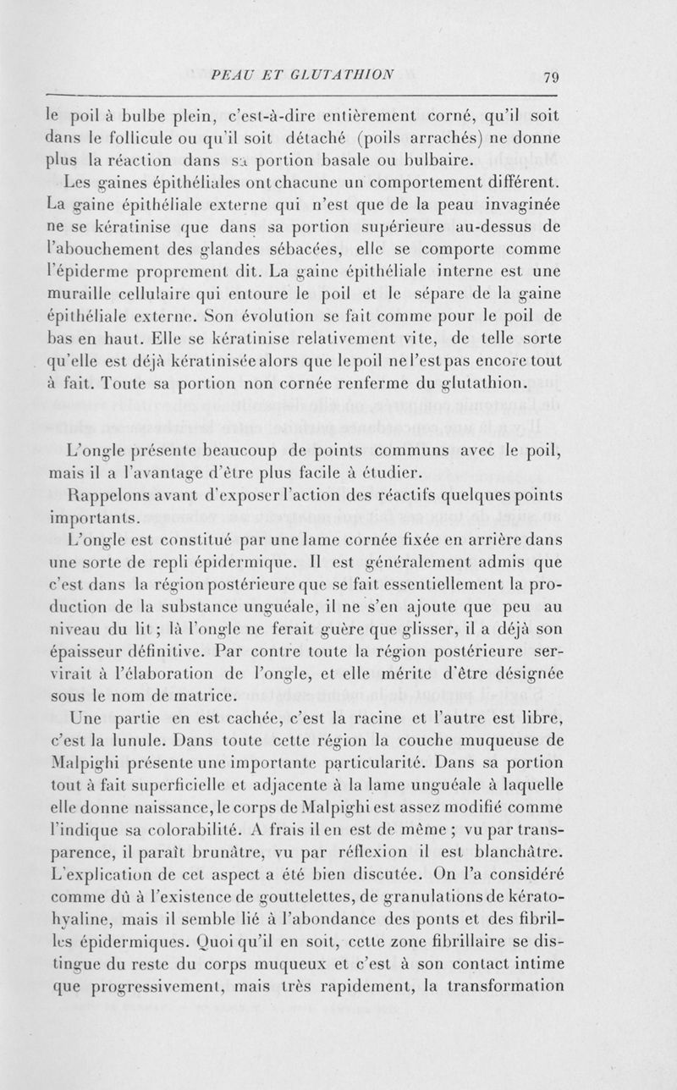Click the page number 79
(551, 78)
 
